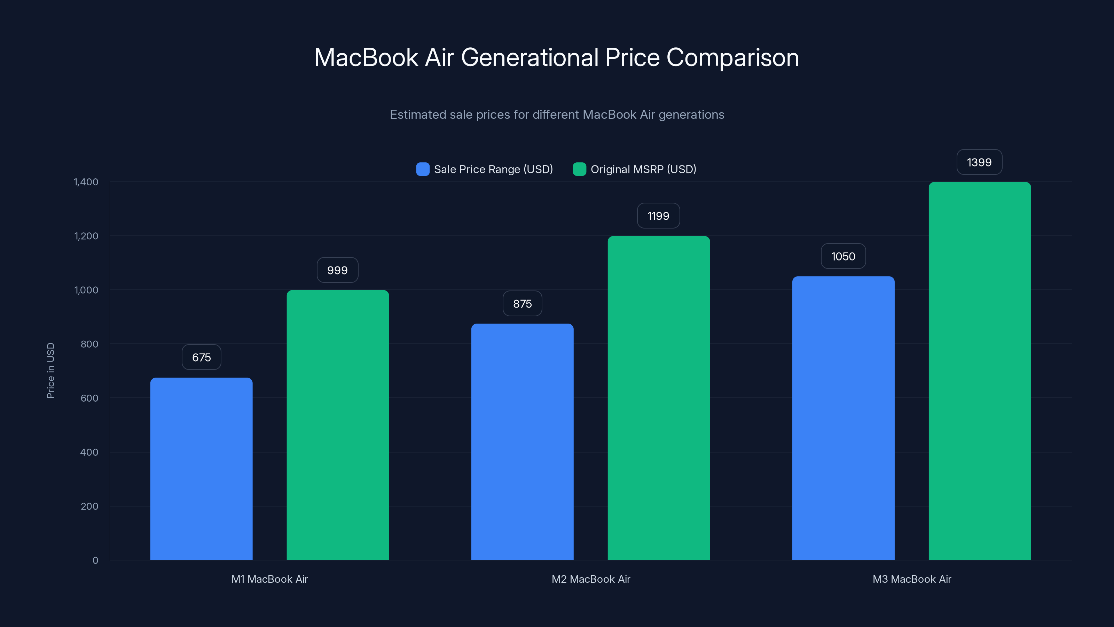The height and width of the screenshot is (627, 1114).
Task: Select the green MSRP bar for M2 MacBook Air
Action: (658, 398)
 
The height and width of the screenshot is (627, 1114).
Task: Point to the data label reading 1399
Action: (979, 162)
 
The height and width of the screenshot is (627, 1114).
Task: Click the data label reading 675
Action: (201, 357)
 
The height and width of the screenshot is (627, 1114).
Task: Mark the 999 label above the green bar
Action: (337, 270)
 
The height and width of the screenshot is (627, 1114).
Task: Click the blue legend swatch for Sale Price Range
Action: (423, 169)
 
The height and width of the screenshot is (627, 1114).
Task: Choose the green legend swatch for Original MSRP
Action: (579, 169)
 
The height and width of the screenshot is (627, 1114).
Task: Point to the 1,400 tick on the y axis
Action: (86, 182)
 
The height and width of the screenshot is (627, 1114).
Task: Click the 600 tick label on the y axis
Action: (89, 398)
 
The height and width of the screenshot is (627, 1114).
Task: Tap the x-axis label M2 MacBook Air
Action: (591, 579)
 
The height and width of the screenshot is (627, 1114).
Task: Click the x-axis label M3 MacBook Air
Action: (912, 579)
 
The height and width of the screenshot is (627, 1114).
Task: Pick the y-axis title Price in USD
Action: (50, 370)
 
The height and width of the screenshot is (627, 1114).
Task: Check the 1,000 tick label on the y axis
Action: (86, 290)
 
